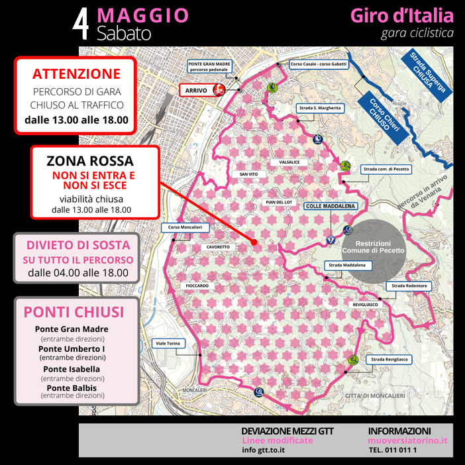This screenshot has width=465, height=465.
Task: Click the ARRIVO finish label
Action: [x=197, y=90]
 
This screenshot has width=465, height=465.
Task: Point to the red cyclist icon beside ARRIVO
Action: [x=216, y=90]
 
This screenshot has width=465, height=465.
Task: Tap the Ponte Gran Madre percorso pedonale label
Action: [x=209, y=66]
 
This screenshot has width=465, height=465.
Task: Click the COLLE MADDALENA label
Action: [x=330, y=206]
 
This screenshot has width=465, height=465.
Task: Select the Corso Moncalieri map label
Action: [x=185, y=227]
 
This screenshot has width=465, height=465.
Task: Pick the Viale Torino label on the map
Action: [x=168, y=344]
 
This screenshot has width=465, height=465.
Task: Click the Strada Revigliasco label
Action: [x=389, y=359]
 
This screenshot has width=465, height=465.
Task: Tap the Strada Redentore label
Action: [x=409, y=285]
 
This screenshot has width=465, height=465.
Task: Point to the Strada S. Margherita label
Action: [x=320, y=107]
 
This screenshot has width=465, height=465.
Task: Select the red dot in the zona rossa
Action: [x=254, y=242]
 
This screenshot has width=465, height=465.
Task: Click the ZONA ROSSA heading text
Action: [x=90, y=161]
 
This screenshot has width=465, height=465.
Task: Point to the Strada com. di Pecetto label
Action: [x=386, y=169]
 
